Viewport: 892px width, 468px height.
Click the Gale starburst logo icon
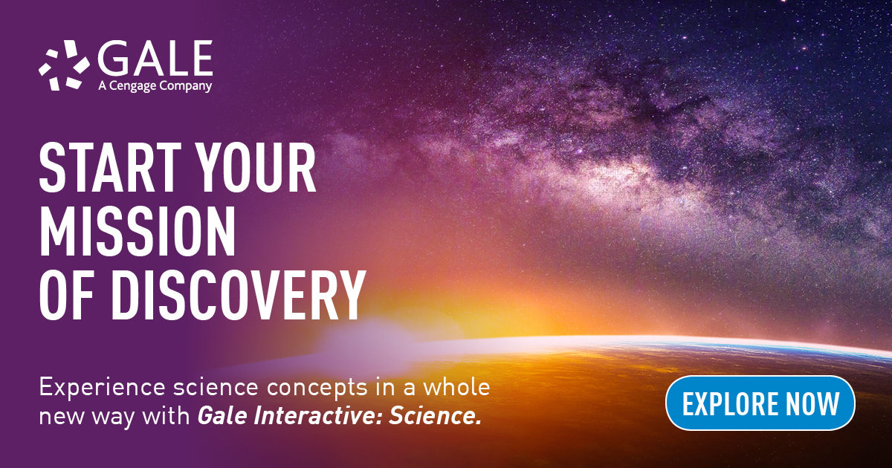click(x=64, y=65)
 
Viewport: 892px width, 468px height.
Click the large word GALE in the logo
click(x=155, y=59)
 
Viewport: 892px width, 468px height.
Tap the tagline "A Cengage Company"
click(x=155, y=86)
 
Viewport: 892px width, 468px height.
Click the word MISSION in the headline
click(x=138, y=232)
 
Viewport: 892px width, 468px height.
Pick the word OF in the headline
click(x=66, y=296)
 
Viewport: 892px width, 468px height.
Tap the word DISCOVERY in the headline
click(x=238, y=296)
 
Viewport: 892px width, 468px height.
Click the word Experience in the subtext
click(x=103, y=388)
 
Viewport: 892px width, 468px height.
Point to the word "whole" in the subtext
click(x=456, y=386)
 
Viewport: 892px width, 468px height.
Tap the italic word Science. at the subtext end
click(x=436, y=416)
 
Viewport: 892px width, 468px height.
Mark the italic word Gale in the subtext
click(x=222, y=416)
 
